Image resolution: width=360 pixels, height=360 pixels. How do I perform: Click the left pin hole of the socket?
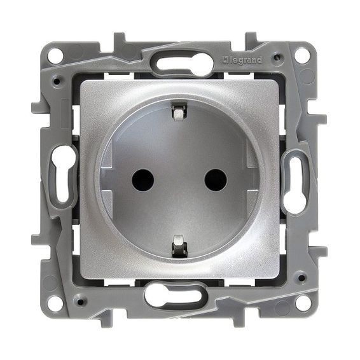[143, 181]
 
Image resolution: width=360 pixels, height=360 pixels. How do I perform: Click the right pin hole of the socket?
[216, 181]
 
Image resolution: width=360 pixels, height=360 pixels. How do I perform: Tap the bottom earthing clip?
[179, 246]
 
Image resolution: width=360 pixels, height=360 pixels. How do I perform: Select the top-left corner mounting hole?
[55, 55]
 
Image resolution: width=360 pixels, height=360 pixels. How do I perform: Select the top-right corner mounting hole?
[302, 55]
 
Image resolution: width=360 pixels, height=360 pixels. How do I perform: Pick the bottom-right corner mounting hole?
[302, 303]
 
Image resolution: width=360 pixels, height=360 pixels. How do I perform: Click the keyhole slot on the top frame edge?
[184, 62]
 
